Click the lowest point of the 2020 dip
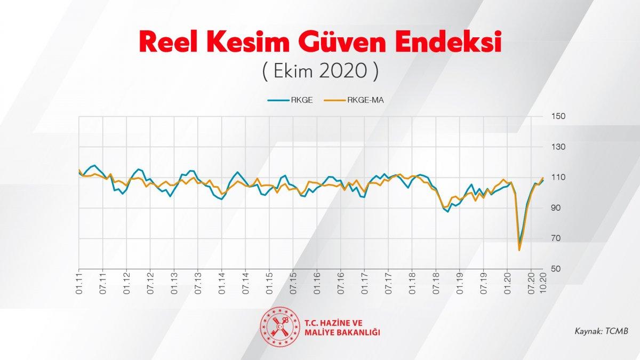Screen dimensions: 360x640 click(x=519, y=249)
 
